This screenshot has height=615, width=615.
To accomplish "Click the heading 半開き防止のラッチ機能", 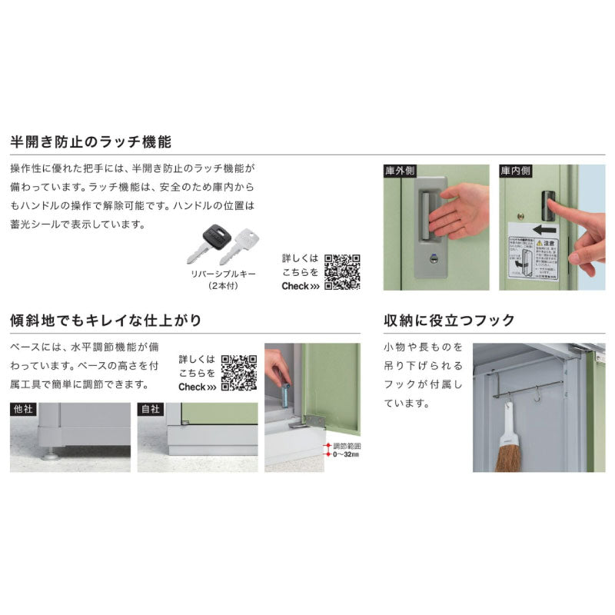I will click(90, 142).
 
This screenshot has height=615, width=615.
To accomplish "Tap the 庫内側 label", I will click(515, 170).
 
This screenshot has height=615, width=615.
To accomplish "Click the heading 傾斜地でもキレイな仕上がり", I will click(105, 321).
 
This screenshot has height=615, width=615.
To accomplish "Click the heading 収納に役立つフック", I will click(449, 321).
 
